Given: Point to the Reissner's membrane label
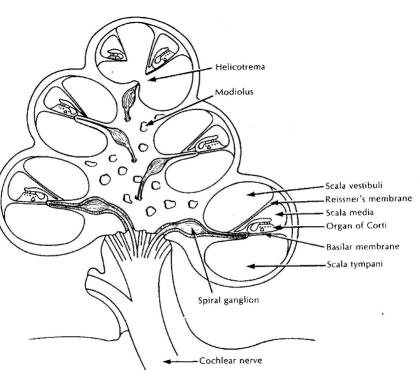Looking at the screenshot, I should click(368, 199).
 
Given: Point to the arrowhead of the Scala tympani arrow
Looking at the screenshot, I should click(250, 263).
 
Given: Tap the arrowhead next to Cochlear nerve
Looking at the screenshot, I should click(165, 361).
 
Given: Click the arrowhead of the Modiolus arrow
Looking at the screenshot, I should click(150, 119).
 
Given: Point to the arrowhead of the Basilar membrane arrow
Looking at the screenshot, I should click(266, 235).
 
